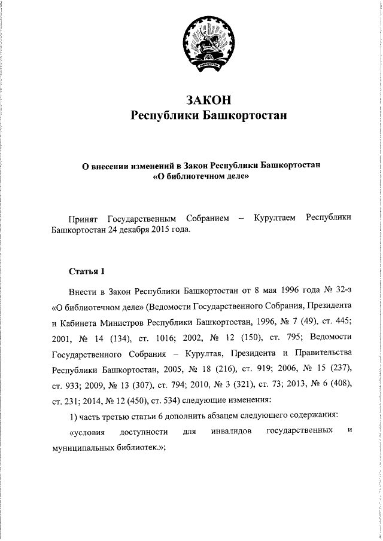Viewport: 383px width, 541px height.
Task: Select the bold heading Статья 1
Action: click(87, 271)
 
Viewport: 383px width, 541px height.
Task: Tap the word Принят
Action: click(86, 219)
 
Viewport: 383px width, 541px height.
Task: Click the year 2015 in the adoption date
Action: click(157, 230)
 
